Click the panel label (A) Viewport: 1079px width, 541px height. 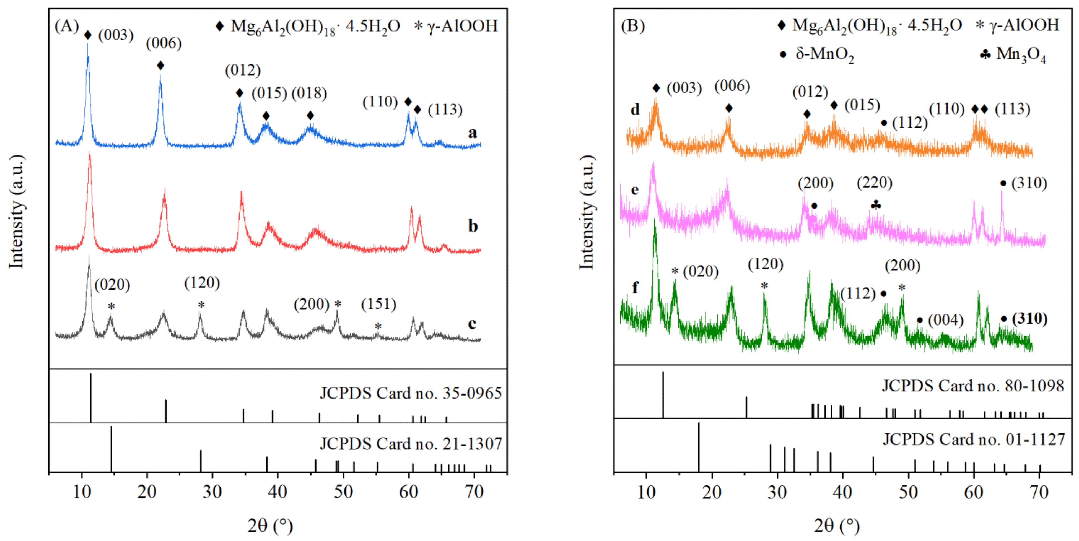click(67, 26)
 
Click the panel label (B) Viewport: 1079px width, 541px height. click(632, 26)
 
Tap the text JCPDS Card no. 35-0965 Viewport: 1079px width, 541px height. click(411, 393)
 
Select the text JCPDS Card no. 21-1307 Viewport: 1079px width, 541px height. click(411, 443)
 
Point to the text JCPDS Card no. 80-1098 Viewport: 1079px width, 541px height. click(972, 386)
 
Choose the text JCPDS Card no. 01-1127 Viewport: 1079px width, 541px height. click(973, 439)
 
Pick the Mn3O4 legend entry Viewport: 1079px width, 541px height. click(1013, 54)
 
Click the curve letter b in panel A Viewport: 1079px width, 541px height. click(473, 226)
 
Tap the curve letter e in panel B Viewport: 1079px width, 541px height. click(635, 190)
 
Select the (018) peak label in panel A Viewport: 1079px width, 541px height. click(309, 93)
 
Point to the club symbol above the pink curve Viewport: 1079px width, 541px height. click(876, 205)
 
